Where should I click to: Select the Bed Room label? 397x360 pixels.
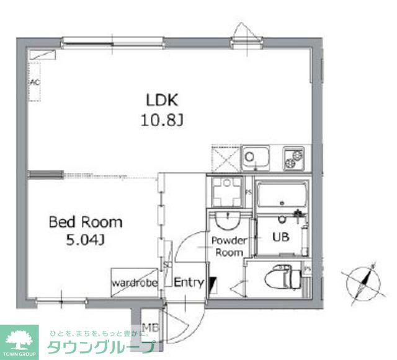click(x=86, y=221)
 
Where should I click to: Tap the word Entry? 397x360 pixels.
click(x=189, y=283)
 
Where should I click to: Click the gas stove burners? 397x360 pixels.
click(x=293, y=158)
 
